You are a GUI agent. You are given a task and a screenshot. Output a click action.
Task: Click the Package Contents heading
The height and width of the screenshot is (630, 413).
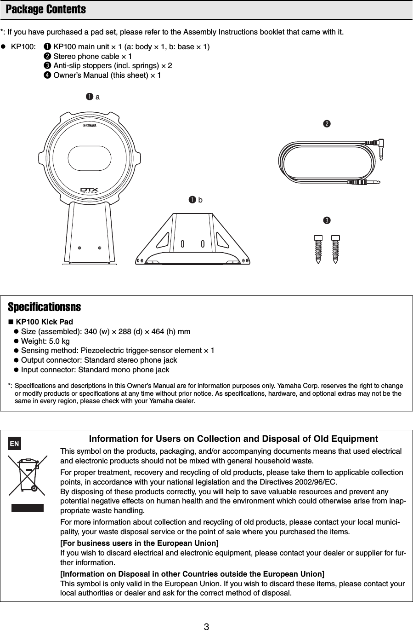[x=45, y=10]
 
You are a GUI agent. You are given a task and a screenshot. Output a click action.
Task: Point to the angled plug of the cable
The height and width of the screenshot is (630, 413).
[x=381, y=149]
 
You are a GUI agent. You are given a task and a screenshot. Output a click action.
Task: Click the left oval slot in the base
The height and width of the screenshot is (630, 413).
[x=183, y=243]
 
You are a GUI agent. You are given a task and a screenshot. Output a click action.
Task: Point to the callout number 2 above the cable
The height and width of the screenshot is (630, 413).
[x=327, y=124]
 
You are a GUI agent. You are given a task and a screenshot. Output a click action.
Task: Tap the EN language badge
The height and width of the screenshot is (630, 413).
[x=15, y=444]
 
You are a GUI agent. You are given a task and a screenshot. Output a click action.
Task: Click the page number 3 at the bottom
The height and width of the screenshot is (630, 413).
[x=206, y=626]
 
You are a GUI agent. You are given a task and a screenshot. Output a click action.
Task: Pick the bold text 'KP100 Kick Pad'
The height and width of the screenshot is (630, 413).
[x=44, y=322]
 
